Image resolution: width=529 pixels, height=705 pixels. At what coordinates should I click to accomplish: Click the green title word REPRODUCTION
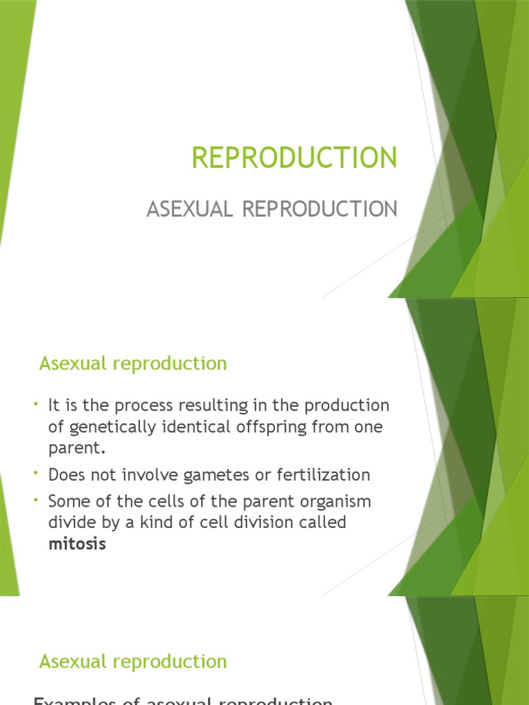pyautogui.click(x=294, y=158)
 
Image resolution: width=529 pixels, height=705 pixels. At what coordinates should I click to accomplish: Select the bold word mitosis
pyautogui.click(x=77, y=544)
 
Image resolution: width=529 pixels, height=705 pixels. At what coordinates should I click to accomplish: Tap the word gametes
pyautogui.click(x=205, y=474)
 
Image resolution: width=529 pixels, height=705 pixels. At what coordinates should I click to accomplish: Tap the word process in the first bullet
pyautogui.click(x=138, y=405)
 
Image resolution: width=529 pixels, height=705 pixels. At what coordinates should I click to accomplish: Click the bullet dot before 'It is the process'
pyautogui.click(x=35, y=403)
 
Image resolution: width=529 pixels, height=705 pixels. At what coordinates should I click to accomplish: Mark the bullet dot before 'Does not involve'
pyautogui.click(x=35, y=474)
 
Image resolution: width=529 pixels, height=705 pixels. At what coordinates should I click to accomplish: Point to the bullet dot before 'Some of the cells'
pyautogui.click(x=35, y=500)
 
